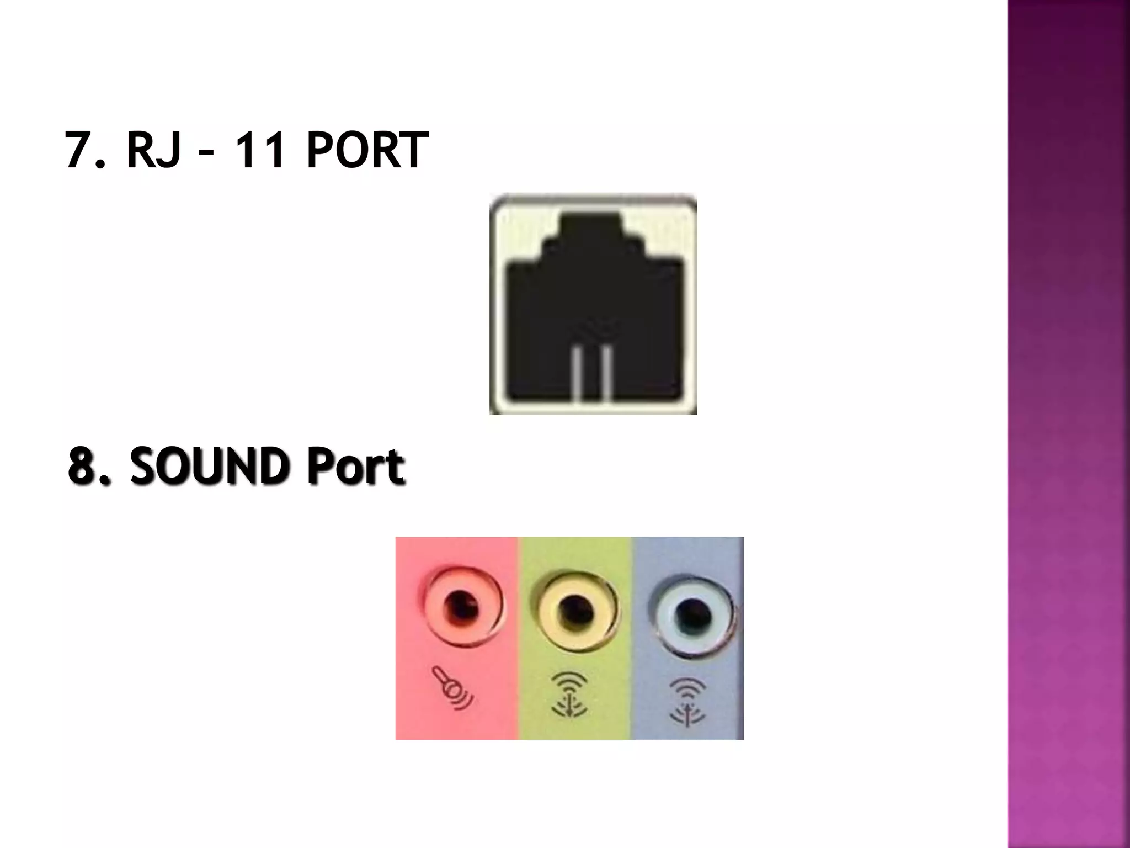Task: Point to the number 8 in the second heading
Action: click(x=83, y=467)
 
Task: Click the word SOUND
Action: click(x=210, y=467)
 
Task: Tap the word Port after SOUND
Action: click(x=355, y=467)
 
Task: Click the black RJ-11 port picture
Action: click(x=594, y=304)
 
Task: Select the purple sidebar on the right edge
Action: click(x=1068, y=424)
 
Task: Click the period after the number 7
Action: click(x=100, y=163)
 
